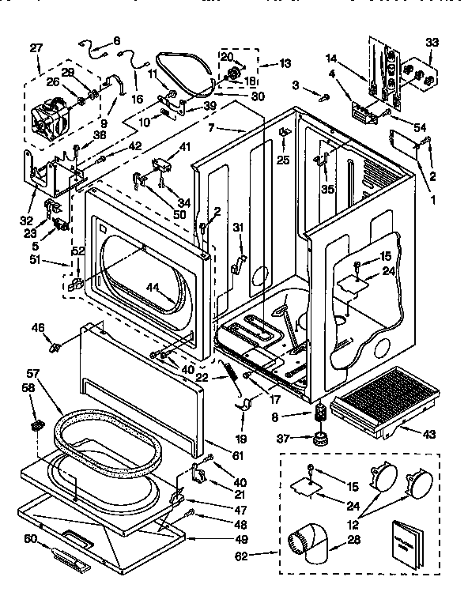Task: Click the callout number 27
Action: coord(35,47)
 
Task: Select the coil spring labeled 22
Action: coord(229,369)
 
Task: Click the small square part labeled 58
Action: coord(35,426)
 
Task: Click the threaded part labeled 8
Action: coord(321,411)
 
